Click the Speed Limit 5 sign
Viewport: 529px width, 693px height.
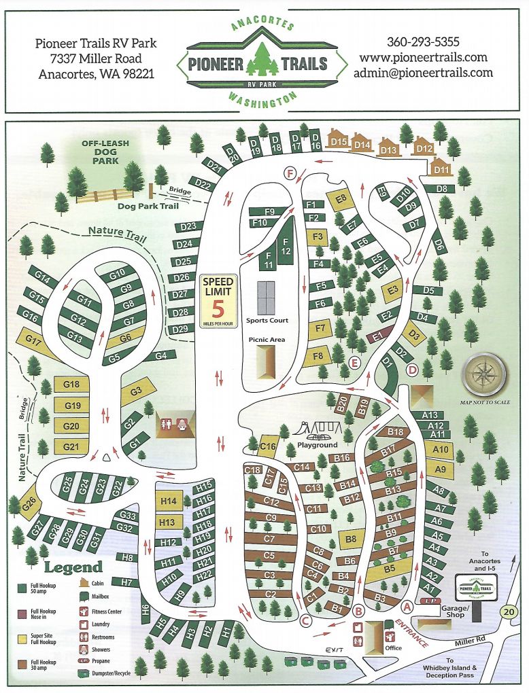coord(218,301)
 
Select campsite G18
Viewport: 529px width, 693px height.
coord(71,385)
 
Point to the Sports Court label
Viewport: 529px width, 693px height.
coord(267,320)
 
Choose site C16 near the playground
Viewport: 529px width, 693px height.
coord(269,446)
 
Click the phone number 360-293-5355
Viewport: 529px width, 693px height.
coord(423,41)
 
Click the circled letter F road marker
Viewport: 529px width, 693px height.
coord(290,174)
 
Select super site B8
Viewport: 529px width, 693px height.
coord(351,539)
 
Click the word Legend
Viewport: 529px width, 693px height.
coord(73,567)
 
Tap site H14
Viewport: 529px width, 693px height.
coord(168,501)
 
